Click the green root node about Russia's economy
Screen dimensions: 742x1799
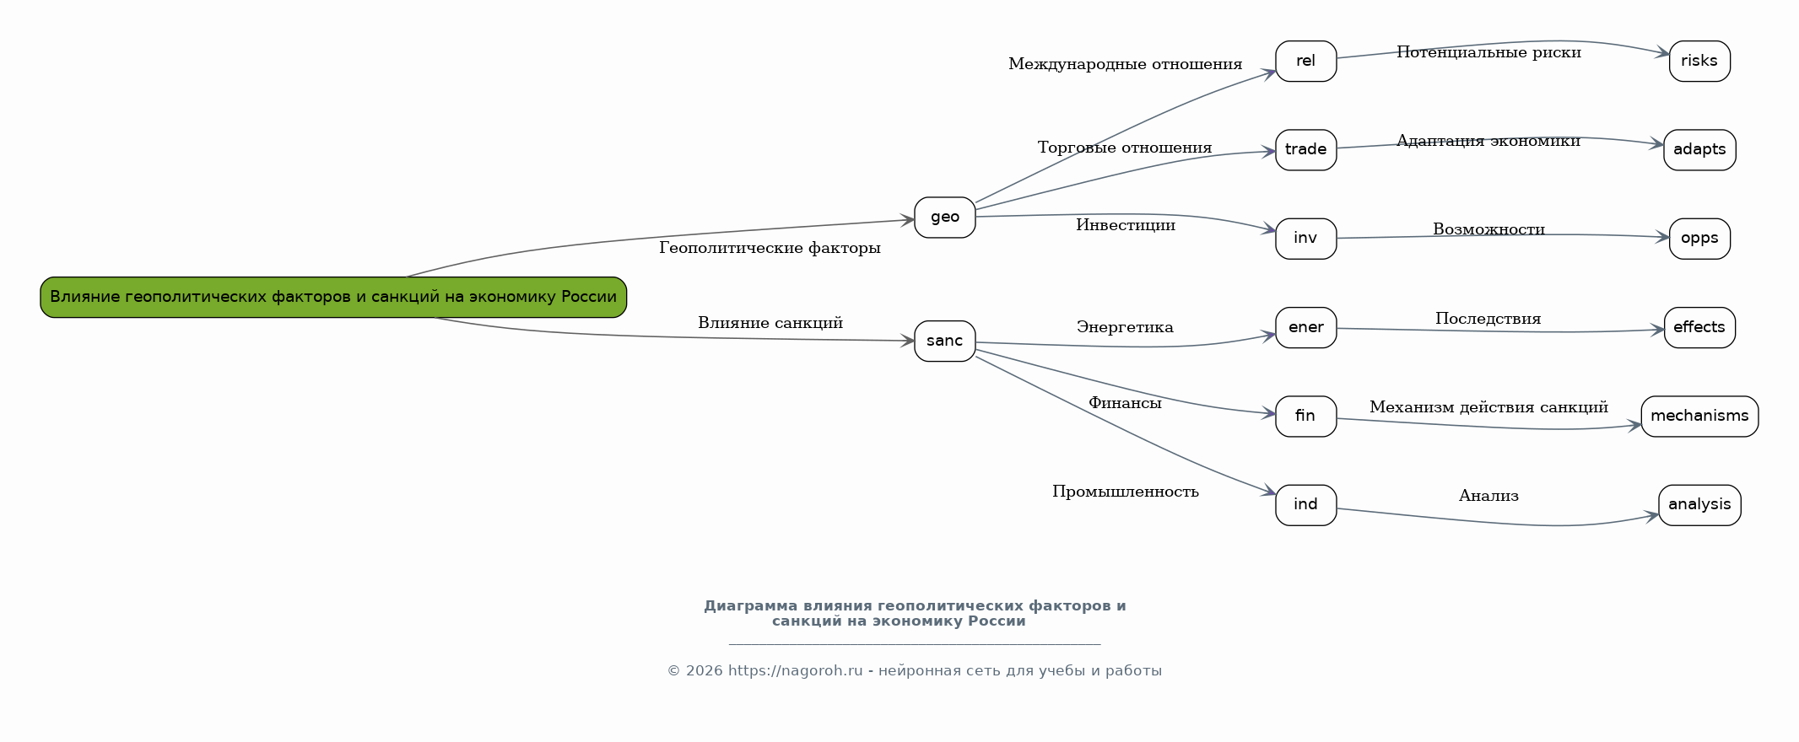333,297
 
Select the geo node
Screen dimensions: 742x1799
944,218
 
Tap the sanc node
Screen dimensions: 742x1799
944,341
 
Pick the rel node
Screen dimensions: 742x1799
1305,61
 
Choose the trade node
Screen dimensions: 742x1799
1305,149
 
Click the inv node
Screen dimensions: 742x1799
1305,239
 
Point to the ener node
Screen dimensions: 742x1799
1305,327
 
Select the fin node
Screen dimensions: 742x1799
1305,416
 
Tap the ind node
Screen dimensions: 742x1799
1305,504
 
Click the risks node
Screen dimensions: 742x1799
1699,61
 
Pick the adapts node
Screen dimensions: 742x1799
1699,149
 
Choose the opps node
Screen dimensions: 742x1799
1699,239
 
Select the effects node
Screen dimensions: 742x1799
1699,327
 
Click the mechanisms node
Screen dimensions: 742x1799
1699,416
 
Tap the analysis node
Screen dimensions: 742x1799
1699,504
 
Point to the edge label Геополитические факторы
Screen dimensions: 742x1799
770,248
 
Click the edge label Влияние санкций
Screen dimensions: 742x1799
770,323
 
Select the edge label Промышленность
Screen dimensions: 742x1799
1125,492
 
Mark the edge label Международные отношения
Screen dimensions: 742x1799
1125,64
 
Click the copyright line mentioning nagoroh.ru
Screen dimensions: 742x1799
914,671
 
